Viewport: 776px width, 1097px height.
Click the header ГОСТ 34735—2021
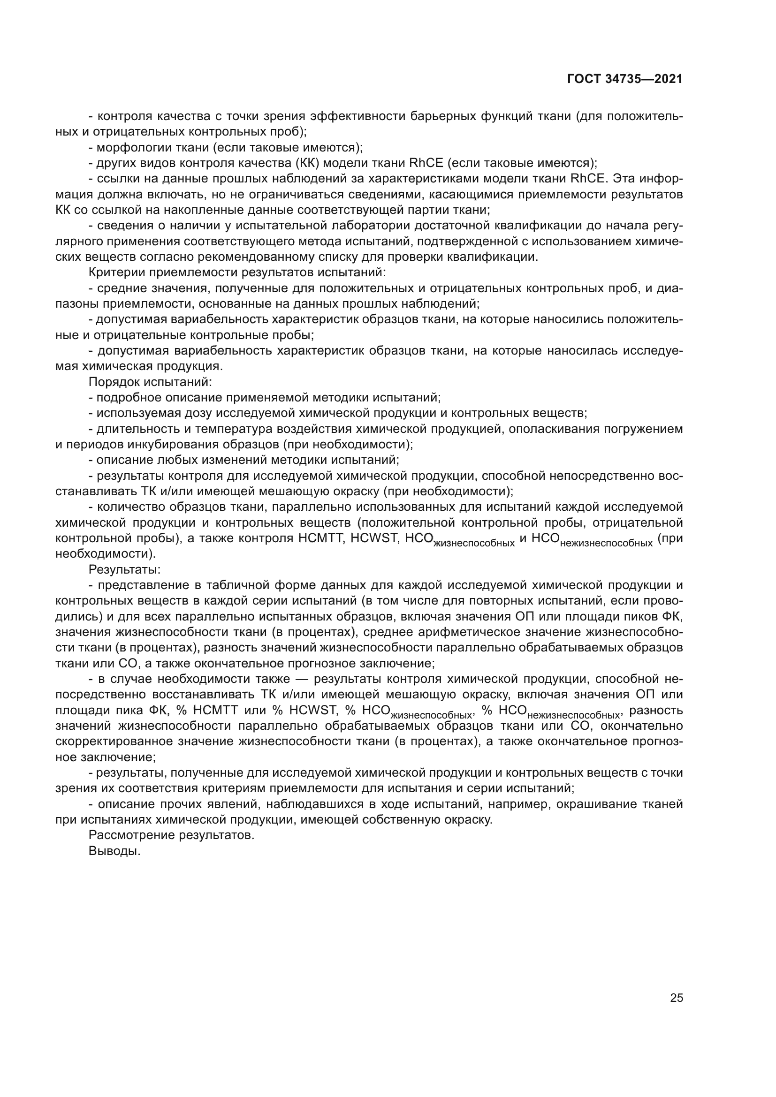click(x=624, y=79)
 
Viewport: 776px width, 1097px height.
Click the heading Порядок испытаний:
click(x=150, y=382)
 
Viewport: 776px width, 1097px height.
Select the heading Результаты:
click(x=124, y=569)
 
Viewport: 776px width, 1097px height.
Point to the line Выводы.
click(x=114, y=851)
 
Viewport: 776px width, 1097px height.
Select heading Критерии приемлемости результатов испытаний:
click(x=237, y=272)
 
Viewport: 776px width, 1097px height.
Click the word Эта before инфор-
click(x=624, y=179)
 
